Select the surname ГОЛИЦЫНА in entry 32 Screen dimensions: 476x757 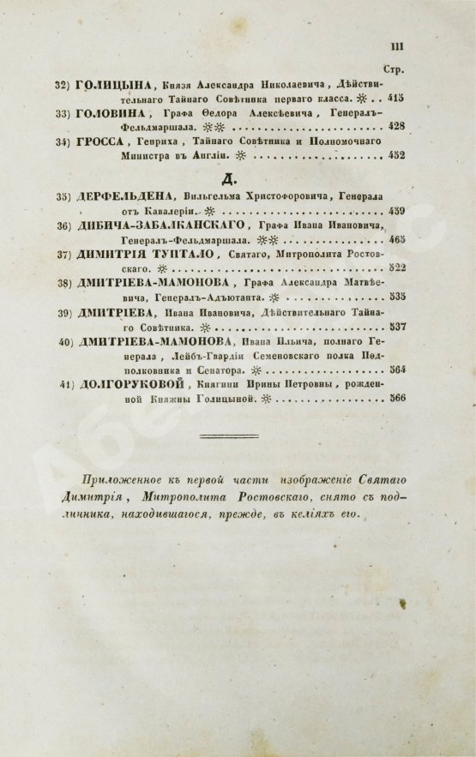click(x=114, y=85)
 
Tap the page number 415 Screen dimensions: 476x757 click(x=396, y=99)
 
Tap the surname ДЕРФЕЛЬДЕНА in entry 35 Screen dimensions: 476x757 click(x=127, y=196)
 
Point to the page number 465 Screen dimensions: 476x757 click(x=396, y=240)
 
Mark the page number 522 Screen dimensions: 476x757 click(x=396, y=268)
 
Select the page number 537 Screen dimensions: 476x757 click(x=396, y=327)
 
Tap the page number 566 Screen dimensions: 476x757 click(x=396, y=399)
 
